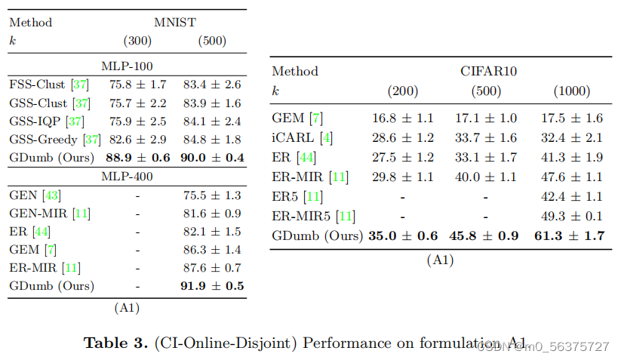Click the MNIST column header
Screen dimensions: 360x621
pos(175,22)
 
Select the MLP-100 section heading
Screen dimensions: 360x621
pos(127,65)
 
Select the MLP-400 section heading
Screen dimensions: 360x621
pos(127,176)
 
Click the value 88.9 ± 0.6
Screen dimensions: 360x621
pos(137,157)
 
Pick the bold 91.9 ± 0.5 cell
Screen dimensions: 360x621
pos(212,286)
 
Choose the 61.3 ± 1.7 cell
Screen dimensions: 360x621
pos(569,236)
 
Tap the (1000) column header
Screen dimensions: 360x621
pos(571,91)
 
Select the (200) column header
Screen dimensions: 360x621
pos(402,91)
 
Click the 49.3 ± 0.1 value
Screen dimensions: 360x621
pos(572,217)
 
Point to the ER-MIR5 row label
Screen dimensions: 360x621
pos(303,217)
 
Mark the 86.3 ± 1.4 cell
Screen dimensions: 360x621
pos(212,250)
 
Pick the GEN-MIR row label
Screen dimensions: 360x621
pos(40,214)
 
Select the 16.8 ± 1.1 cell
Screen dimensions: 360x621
pos(402,118)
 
